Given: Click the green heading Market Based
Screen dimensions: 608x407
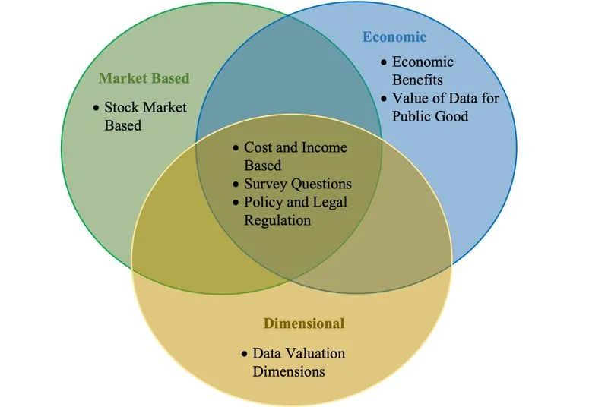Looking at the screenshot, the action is click(144, 78).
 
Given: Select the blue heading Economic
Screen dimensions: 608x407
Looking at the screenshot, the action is click(394, 36).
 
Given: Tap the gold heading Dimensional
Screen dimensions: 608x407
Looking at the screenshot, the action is click(304, 323).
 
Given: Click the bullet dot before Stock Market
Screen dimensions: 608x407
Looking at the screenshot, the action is click(97, 108).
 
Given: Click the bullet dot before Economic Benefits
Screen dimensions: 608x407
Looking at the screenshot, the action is click(384, 62).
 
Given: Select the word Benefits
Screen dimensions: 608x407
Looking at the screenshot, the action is click(417, 80).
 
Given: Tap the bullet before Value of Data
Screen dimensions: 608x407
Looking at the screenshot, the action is click(384, 99).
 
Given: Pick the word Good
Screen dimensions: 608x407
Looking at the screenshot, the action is click(451, 116).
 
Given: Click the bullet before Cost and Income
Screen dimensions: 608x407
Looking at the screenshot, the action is click(236, 148).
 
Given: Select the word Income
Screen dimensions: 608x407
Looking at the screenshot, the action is click(325, 147).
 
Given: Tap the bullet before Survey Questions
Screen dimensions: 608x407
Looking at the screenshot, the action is click(236, 185).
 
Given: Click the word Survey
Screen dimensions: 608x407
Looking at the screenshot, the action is click(265, 184).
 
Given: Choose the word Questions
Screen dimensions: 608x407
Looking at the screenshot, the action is click(321, 184).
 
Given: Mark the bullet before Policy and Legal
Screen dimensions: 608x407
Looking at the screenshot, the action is click(236, 203).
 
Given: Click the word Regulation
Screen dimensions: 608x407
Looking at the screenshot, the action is click(277, 220).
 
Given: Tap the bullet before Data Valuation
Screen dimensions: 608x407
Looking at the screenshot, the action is click(244, 354).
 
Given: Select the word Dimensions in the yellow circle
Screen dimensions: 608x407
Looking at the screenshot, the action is click(289, 371).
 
